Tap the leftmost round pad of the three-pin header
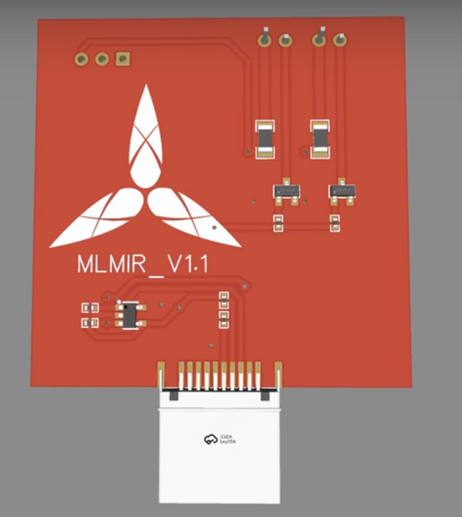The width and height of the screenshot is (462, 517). pos(81,59)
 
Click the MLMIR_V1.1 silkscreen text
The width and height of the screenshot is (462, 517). pos(143,264)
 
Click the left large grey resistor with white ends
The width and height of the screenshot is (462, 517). pos(265,138)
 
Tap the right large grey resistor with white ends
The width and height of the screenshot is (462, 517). pos(319,138)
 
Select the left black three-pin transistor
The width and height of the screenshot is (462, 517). pos(287,190)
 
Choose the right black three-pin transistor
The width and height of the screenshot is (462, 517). pos(343,190)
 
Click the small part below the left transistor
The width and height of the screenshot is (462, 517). pos(279,224)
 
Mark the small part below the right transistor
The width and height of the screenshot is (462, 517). pos(335,224)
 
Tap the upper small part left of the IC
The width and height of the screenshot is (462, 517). pos(89,308)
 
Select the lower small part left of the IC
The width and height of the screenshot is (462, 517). pos(89,323)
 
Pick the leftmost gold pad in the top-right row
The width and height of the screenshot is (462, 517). pos(265,40)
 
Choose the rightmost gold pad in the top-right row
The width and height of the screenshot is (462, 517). pos(340,40)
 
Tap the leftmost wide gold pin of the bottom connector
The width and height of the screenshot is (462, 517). pos(160,375)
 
